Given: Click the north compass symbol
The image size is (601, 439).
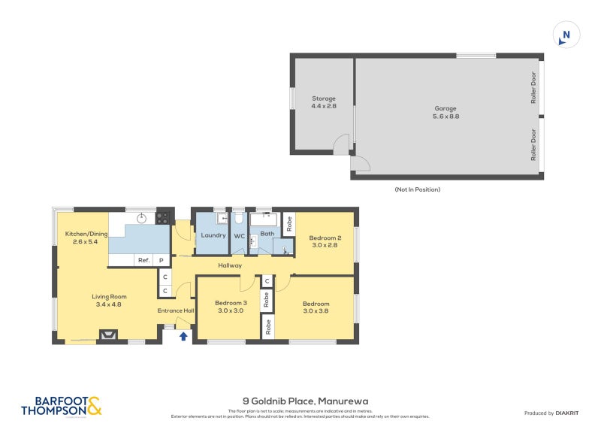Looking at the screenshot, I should [566, 35].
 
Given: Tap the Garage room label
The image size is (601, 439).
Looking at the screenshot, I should [445, 112].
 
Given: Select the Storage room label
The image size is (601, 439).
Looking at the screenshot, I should [324, 102].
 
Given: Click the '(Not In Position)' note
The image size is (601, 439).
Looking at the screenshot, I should [417, 189].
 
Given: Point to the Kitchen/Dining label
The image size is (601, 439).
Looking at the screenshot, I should [86, 238].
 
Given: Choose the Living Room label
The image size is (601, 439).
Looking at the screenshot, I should [109, 300].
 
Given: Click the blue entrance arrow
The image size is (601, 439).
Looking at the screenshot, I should [183, 336].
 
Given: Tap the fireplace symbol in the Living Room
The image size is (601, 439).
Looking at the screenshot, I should [108, 336].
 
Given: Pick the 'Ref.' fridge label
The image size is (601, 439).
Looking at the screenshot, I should [143, 260].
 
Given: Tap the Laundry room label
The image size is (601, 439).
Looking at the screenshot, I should [213, 235].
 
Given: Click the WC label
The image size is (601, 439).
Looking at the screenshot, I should [240, 235].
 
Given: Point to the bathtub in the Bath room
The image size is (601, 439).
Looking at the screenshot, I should [263, 220].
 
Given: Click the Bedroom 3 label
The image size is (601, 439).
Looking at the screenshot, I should [230, 306].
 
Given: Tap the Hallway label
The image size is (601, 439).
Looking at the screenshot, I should [230, 265].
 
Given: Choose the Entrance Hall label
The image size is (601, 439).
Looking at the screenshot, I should [175, 310].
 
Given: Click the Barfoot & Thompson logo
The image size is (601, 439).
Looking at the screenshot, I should [61, 406].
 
